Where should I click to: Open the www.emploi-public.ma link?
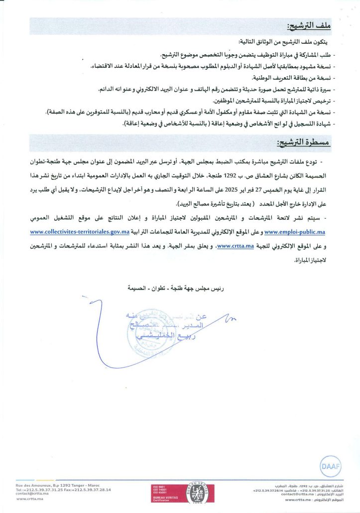click(295, 232)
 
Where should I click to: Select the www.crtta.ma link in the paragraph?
click(236, 246)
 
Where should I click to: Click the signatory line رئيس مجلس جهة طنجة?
click(179, 288)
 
